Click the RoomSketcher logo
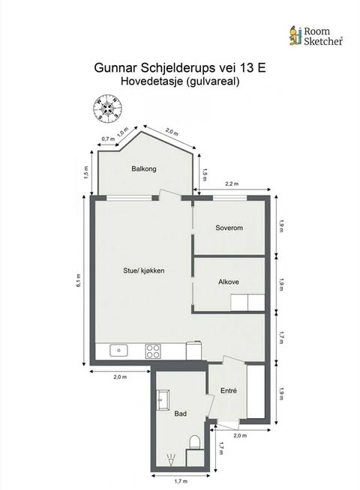click(316, 36)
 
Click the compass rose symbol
click(107, 108)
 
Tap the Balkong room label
click(144, 169)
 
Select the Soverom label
click(229, 228)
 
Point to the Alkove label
click(229, 282)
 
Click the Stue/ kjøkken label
click(143, 270)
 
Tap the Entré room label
click(229, 390)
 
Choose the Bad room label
click(181, 414)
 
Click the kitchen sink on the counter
click(118, 351)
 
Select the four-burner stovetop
click(153, 351)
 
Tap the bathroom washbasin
click(163, 399)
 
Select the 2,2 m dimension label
click(232, 184)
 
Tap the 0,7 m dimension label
click(108, 139)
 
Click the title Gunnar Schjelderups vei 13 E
click(180, 67)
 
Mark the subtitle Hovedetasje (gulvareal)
click(180, 81)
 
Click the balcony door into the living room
click(170, 196)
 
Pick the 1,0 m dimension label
click(122, 132)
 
